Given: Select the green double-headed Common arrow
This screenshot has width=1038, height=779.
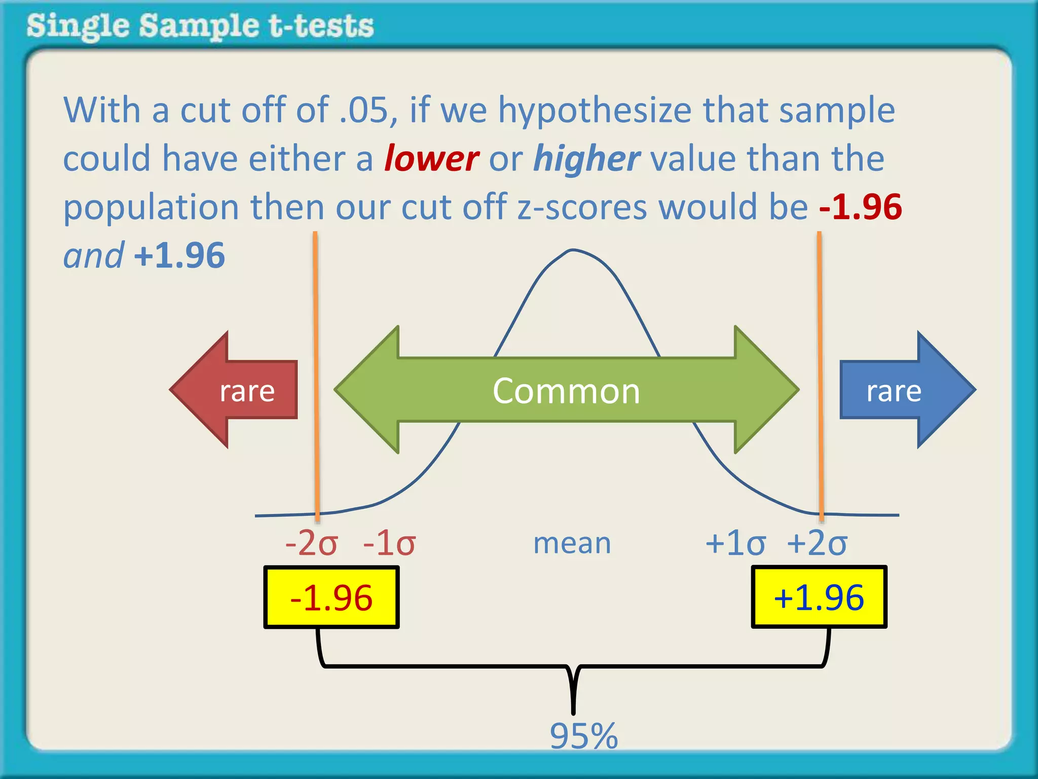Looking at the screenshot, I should (566, 390).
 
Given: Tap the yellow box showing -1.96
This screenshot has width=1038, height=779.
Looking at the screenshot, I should (331, 597).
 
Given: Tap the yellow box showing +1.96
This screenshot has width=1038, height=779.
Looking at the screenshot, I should (819, 597).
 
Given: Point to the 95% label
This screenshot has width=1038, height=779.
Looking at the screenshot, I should (584, 736).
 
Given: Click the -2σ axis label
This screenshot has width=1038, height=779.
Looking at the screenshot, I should (311, 544).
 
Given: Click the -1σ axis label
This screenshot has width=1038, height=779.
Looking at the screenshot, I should (389, 544).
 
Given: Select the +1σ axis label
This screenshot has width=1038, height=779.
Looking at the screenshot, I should (735, 544).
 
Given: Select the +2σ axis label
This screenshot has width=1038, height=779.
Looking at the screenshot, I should (817, 544).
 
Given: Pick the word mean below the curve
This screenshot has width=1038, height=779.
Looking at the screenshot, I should (572, 544).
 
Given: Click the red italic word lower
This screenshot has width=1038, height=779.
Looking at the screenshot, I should (431, 159).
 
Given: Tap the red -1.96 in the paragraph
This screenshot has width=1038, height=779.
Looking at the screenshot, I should (861, 207).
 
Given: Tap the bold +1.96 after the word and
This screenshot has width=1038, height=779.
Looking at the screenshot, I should (179, 256).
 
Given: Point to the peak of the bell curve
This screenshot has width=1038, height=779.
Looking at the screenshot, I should (573, 250).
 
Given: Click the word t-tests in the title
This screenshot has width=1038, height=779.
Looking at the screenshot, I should (321, 26).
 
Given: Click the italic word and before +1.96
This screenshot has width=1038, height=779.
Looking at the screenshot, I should (93, 256).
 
